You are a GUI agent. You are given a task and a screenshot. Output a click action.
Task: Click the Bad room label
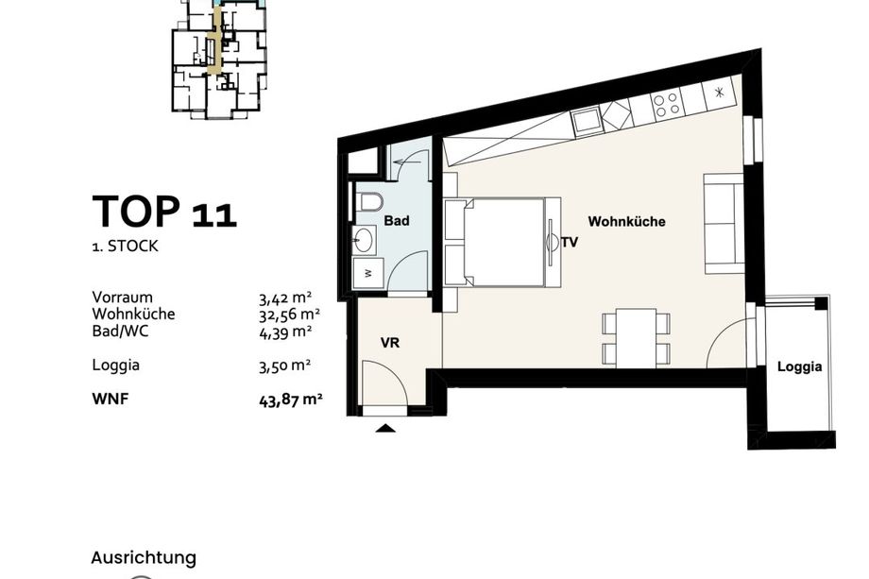(x=397, y=220)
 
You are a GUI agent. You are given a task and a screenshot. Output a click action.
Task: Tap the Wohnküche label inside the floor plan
(x=626, y=222)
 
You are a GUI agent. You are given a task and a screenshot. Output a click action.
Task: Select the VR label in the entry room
(x=390, y=343)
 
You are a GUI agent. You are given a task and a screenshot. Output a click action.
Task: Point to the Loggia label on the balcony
(x=799, y=366)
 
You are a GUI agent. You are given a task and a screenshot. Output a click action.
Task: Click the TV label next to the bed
(x=570, y=242)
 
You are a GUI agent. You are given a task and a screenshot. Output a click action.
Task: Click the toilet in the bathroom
(x=368, y=201)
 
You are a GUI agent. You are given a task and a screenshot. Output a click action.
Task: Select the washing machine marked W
(x=368, y=273)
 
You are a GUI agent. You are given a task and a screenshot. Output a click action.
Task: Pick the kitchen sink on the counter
(x=586, y=121)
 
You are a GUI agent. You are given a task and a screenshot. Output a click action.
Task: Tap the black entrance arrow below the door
(x=385, y=428)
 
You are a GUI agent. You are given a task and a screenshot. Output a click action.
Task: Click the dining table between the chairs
(x=637, y=337)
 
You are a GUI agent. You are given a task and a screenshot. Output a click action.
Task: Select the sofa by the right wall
(x=724, y=223)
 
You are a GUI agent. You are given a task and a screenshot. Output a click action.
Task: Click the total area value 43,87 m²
(x=290, y=400)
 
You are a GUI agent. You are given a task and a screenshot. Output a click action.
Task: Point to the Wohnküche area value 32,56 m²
(x=289, y=315)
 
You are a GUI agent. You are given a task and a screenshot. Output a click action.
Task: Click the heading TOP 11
(x=164, y=212)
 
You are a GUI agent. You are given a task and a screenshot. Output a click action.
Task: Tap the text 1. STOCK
(x=126, y=246)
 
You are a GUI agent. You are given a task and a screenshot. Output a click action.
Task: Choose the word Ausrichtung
(x=144, y=558)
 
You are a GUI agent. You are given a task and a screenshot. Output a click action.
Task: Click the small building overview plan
(x=221, y=59)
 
